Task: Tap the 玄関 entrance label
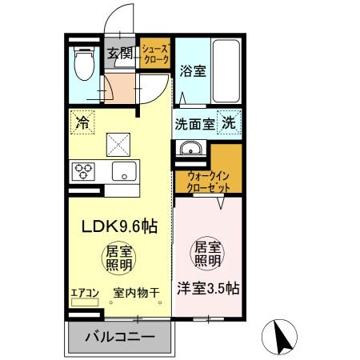pos(121,54)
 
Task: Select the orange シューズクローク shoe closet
pos(155,54)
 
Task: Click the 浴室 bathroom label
pos(193,70)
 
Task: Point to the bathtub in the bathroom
pos(226,70)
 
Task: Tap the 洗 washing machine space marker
pos(229,124)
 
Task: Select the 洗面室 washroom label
pos(193,125)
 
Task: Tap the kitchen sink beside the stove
pos(123,170)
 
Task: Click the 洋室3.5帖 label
pos(207,289)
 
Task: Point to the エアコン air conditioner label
pos(85,293)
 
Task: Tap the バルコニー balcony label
pos(120,338)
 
